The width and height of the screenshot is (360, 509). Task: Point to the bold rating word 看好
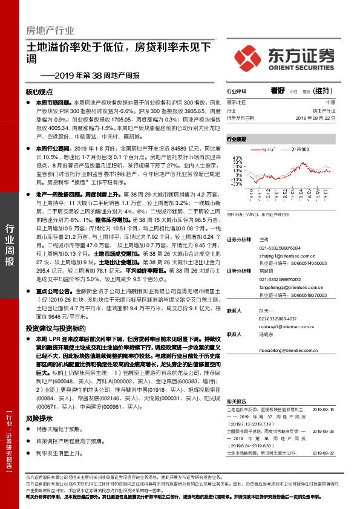point(278,90)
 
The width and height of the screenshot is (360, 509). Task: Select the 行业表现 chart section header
point(237,138)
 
